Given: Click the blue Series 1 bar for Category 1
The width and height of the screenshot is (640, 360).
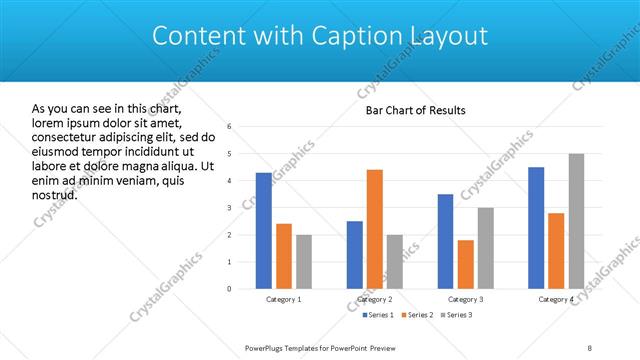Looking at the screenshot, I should coord(264,231).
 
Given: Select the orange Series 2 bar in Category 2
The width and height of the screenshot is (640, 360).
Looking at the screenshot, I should coord(375,229).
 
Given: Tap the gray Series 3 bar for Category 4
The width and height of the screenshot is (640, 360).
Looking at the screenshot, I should coord(576,221).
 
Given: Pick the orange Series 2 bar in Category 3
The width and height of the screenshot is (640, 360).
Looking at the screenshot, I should coord(465,264).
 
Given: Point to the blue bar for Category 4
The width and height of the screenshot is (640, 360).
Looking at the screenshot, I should coord(536,228).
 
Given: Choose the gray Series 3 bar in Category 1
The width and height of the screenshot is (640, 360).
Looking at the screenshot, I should coord(304,262).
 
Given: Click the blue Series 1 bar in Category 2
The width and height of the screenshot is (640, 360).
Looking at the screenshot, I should coord(355,255).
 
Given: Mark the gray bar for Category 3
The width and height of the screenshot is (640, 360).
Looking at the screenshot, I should coord(485,248).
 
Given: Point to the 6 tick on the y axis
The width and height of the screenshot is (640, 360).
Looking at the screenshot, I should coord(230,127).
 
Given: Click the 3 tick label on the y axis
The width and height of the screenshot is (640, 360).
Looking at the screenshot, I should coord(230,208).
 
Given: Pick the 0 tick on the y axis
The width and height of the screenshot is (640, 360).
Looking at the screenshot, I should coord(230,289).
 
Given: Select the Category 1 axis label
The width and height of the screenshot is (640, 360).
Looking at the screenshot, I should coord(284,300).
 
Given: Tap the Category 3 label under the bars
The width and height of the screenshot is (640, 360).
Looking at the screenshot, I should coord(465,300).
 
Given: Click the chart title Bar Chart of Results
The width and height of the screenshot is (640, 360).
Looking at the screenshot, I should coord(415,109).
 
